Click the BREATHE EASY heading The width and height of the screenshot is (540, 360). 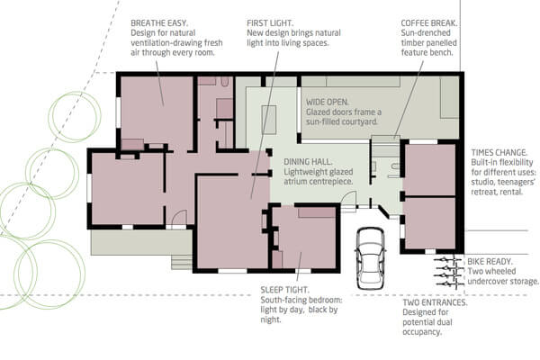159,23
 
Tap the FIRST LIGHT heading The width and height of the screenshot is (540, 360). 270,23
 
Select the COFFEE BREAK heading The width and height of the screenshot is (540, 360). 429,23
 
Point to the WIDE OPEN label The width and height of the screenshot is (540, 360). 328,103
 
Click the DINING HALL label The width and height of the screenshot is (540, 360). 308,162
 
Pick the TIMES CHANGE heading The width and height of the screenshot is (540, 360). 499,153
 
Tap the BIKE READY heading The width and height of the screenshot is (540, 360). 490,262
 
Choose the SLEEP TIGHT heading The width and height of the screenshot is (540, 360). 284,290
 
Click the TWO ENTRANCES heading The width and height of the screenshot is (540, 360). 435,302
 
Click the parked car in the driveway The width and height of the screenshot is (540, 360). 371,258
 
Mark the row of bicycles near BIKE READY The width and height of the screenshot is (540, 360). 447,272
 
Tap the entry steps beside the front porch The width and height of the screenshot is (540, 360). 182,263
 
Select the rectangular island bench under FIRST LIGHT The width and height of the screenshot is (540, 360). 269,120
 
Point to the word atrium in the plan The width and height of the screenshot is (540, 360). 293,182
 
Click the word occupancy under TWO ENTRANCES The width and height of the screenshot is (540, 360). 422,332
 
